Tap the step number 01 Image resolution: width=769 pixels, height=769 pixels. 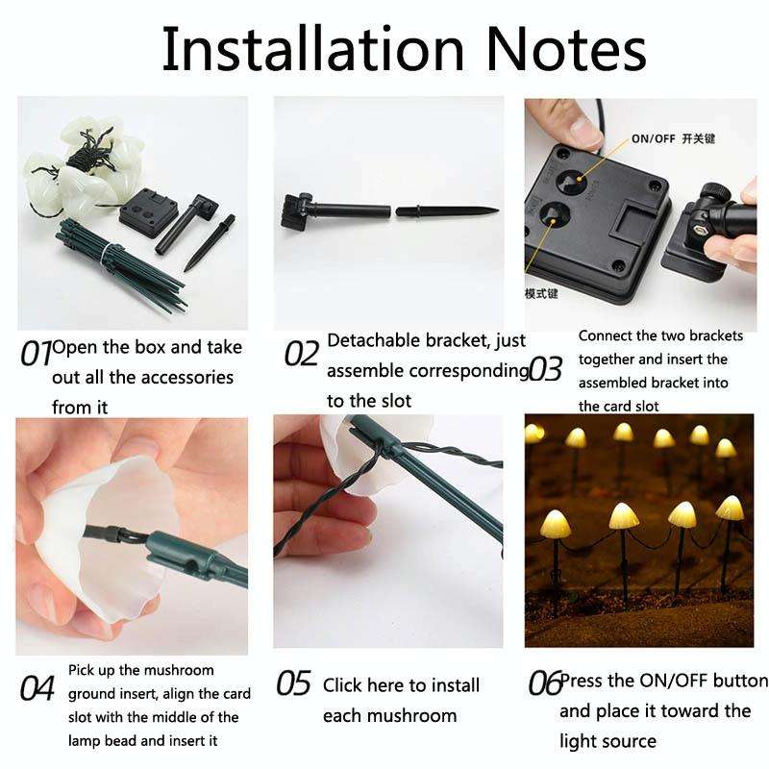(36, 354)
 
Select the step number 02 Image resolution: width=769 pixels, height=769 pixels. (301, 354)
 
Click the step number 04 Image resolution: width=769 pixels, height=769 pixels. (37, 689)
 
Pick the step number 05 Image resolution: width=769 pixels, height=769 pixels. (294, 683)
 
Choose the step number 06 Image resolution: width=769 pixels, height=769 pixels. (544, 683)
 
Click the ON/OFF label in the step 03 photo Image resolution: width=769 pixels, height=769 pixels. (654, 138)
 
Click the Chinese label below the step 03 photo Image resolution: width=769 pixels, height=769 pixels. (541, 293)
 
